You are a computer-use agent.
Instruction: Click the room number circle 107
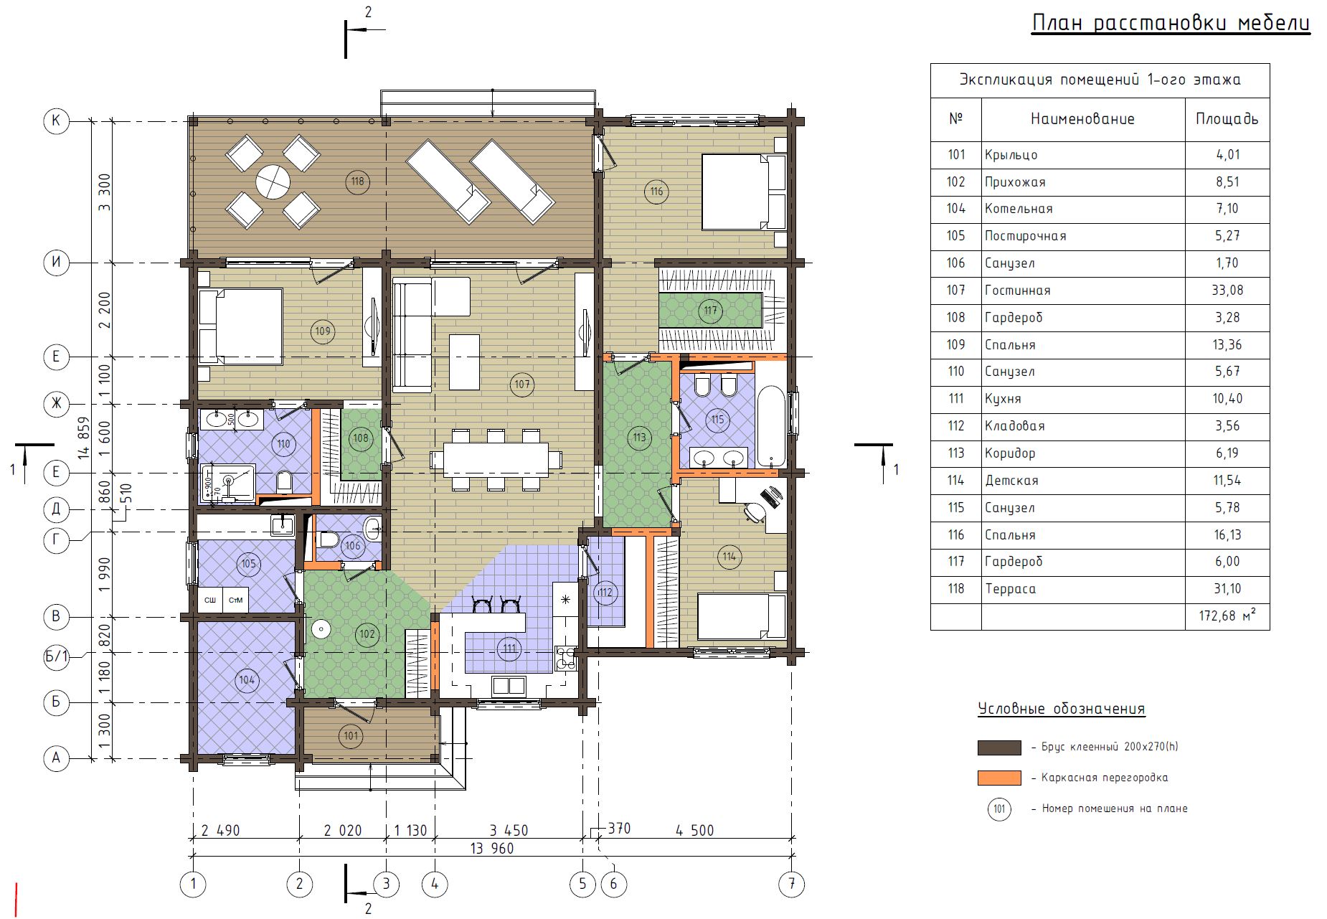522,385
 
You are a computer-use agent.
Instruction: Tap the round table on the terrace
273,182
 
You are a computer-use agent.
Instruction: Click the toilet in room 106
329,539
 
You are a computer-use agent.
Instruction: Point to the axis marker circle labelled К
57,121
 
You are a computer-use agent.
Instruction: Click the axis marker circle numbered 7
792,884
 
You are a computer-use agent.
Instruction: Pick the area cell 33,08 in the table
1227,291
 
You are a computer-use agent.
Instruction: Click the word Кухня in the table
1003,399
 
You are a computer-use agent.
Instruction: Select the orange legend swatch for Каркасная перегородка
999,778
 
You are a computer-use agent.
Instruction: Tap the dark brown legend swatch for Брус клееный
999,748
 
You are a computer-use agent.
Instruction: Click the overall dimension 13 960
492,848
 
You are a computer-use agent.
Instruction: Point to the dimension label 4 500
694,830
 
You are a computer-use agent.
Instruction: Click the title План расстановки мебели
1171,24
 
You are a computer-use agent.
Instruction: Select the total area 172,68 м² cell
1227,616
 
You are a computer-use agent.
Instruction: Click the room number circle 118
357,182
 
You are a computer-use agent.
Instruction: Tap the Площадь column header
1227,119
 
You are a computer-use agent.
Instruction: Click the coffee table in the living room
464,362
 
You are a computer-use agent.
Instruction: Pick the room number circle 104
247,679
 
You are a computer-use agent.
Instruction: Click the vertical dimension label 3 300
105,192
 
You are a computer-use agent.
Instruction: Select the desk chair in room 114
755,512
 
